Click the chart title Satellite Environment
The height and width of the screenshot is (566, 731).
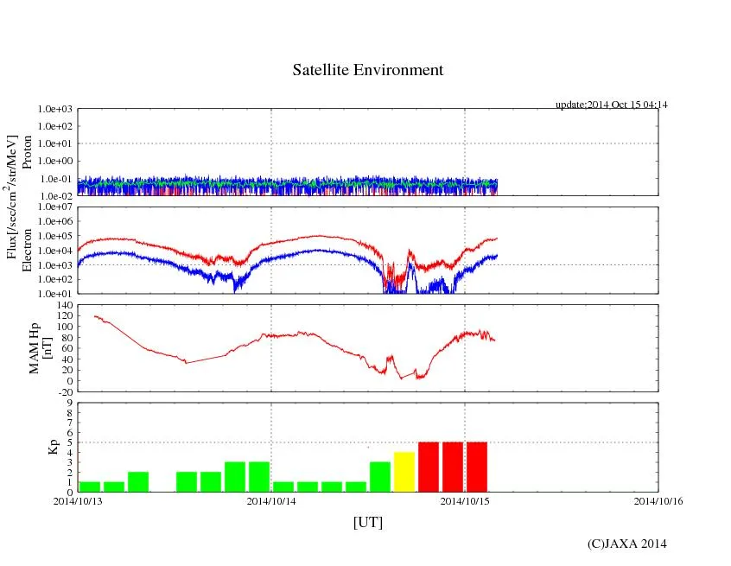pyautogui.click(x=368, y=70)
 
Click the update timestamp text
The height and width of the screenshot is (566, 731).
pyautogui.click(x=612, y=105)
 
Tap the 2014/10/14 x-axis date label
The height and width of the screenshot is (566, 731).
pyautogui.click(x=271, y=499)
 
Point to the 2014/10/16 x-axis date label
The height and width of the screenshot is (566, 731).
pyautogui.click(x=658, y=499)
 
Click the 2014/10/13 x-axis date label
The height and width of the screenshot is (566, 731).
pyautogui.click(x=78, y=499)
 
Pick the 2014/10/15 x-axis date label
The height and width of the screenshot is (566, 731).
pyautogui.click(x=465, y=499)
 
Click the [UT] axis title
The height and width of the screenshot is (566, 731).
pyautogui.click(x=368, y=522)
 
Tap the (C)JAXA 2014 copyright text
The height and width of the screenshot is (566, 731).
pyautogui.click(x=627, y=544)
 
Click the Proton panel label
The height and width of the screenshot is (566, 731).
pyautogui.click(x=27, y=152)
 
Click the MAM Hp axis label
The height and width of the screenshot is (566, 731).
pyautogui.click(x=35, y=342)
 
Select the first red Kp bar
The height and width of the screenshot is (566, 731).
pyautogui.click(x=429, y=467)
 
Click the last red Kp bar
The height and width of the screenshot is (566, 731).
pyautogui.click(x=477, y=467)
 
